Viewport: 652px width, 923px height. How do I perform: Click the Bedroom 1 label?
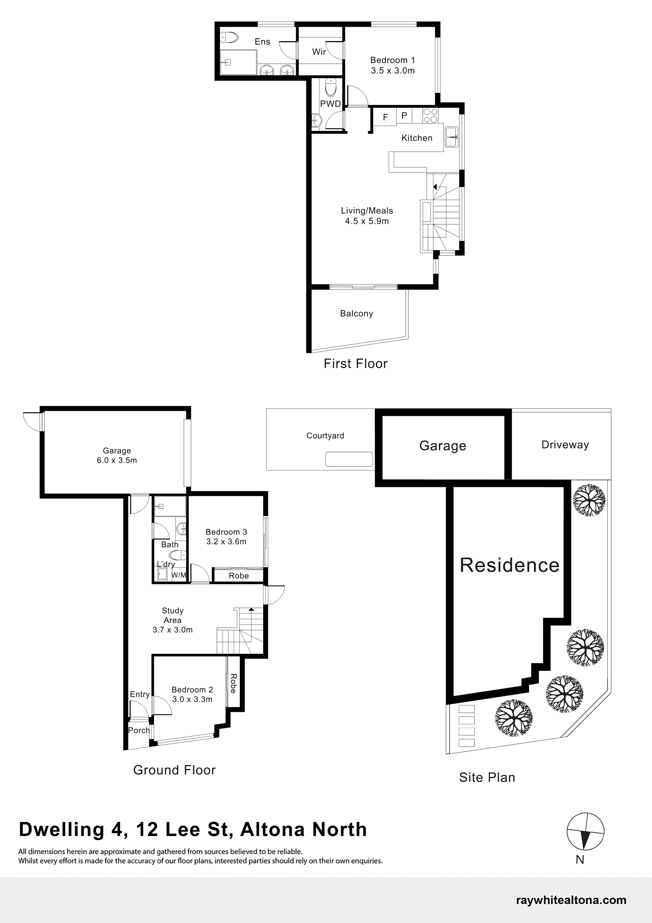(393, 60)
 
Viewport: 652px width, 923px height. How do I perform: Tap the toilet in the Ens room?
(229, 38)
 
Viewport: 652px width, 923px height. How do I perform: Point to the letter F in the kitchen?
(385, 117)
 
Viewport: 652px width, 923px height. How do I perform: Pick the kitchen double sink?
(452, 137)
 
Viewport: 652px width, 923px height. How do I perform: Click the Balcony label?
(357, 314)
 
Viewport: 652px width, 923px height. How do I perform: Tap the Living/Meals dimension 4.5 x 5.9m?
(367, 221)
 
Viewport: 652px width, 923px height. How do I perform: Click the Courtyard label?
(325, 436)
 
